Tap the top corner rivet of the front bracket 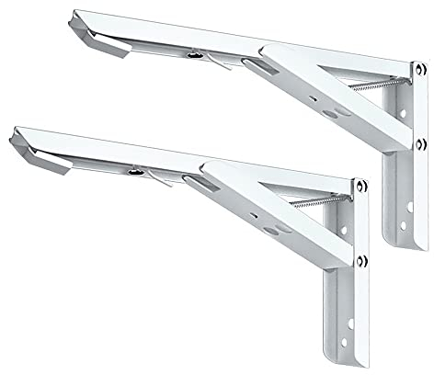tap(362, 188)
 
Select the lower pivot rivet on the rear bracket tap(418, 142)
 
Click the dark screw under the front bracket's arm tap(134, 170)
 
